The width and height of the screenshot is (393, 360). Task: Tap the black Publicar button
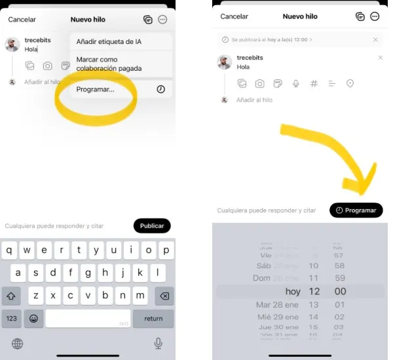point(152,226)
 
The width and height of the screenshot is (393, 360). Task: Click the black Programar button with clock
point(356,210)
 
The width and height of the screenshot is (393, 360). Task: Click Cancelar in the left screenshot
point(22,20)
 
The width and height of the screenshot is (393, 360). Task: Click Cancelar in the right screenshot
point(234,16)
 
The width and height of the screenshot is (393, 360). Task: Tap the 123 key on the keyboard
point(12,319)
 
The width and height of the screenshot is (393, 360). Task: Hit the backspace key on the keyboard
point(164,296)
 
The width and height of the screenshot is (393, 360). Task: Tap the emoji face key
point(33,319)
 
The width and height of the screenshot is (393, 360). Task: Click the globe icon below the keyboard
point(18,344)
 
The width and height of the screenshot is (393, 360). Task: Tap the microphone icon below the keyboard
point(158,343)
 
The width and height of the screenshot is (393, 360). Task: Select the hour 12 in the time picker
point(313,291)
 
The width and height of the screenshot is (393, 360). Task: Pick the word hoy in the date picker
point(293,291)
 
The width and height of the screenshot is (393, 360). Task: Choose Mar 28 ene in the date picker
point(277,305)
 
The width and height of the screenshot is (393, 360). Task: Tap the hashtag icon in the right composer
point(314,84)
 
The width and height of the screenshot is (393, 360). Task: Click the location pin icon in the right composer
point(350,84)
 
